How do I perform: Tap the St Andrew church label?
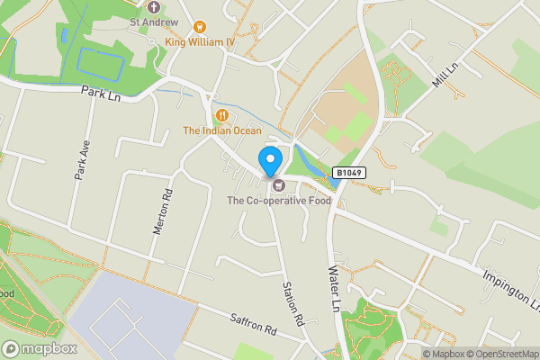[x=154, y=22]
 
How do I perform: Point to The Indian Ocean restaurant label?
[x=222, y=130]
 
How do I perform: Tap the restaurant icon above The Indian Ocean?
[x=221, y=115]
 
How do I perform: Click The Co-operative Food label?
[x=279, y=201]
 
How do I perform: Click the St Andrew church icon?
[x=154, y=6]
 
